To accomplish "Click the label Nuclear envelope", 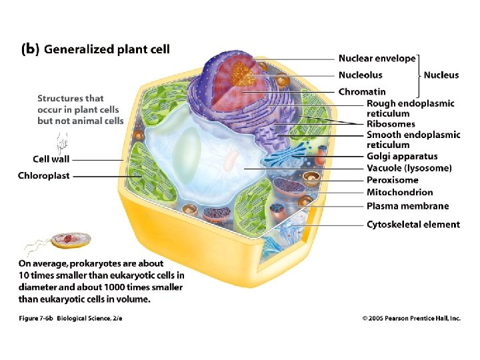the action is (377, 59).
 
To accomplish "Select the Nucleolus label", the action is (361, 75).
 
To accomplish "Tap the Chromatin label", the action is (362, 91).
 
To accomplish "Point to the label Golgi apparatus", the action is (402, 157).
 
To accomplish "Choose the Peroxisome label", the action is (393, 180).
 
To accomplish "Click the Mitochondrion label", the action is (399, 193).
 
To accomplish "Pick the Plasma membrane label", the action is (408, 206).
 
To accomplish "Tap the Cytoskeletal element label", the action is (413, 225).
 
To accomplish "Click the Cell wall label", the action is (51, 159).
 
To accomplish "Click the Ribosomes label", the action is (391, 124).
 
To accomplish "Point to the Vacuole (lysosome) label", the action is (409, 168).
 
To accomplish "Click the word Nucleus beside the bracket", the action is (441, 75).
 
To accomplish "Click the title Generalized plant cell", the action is (107, 49).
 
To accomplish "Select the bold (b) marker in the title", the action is (31, 49).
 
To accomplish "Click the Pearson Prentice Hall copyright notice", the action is (411, 319).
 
